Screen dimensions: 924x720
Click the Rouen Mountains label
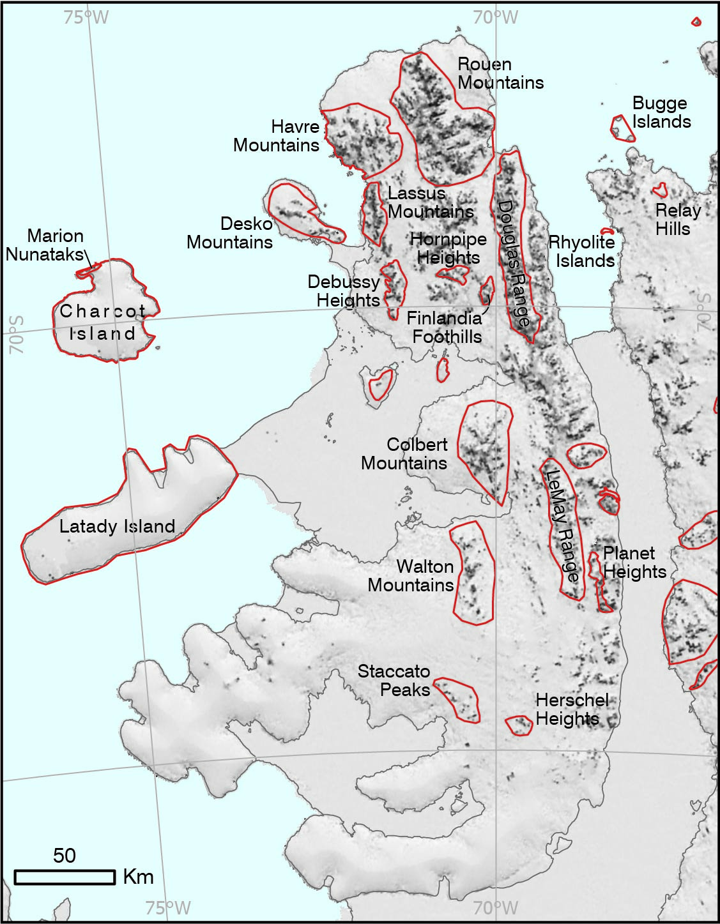[500, 73]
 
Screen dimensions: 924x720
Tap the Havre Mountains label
[277, 136]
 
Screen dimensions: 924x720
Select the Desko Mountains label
[230, 233]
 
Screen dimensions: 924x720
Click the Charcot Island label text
[102, 322]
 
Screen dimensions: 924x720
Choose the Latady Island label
[117, 526]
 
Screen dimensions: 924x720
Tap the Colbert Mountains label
[404, 453]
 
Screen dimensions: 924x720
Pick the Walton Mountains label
[411, 575]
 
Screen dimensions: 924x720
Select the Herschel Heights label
[571, 709]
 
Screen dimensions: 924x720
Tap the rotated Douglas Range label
[514, 262]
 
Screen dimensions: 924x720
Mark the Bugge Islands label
[661, 112]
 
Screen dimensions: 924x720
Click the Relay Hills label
[677, 220]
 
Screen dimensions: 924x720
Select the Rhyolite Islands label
[582, 252]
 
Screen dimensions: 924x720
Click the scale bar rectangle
[65, 877]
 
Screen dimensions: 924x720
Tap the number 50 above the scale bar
[64, 856]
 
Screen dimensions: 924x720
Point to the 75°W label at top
[86, 17]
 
